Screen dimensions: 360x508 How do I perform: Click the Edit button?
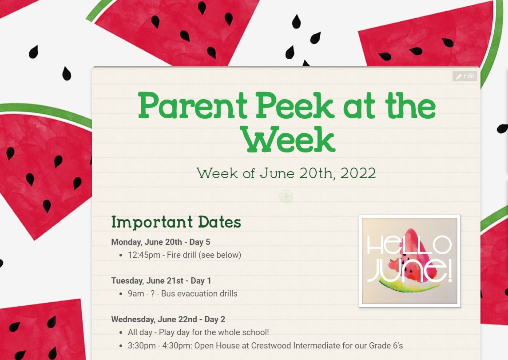[x=465, y=76]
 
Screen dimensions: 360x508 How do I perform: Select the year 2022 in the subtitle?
[x=358, y=173]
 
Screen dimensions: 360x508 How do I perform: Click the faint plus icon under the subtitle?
[x=286, y=196]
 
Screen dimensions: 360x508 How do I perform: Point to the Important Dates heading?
[x=176, y=221]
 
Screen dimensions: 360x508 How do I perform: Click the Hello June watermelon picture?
[x=409, y=261]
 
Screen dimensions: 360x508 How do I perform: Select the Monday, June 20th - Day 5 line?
[x=161, y=242]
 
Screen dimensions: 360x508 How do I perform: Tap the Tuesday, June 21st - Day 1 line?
[x=161, y=281]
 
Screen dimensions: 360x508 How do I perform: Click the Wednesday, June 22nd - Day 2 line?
[x=168, y=320]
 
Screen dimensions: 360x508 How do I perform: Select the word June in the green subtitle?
[x=278, y=173]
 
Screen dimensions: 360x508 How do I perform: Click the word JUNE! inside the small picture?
[x=409, y=272]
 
